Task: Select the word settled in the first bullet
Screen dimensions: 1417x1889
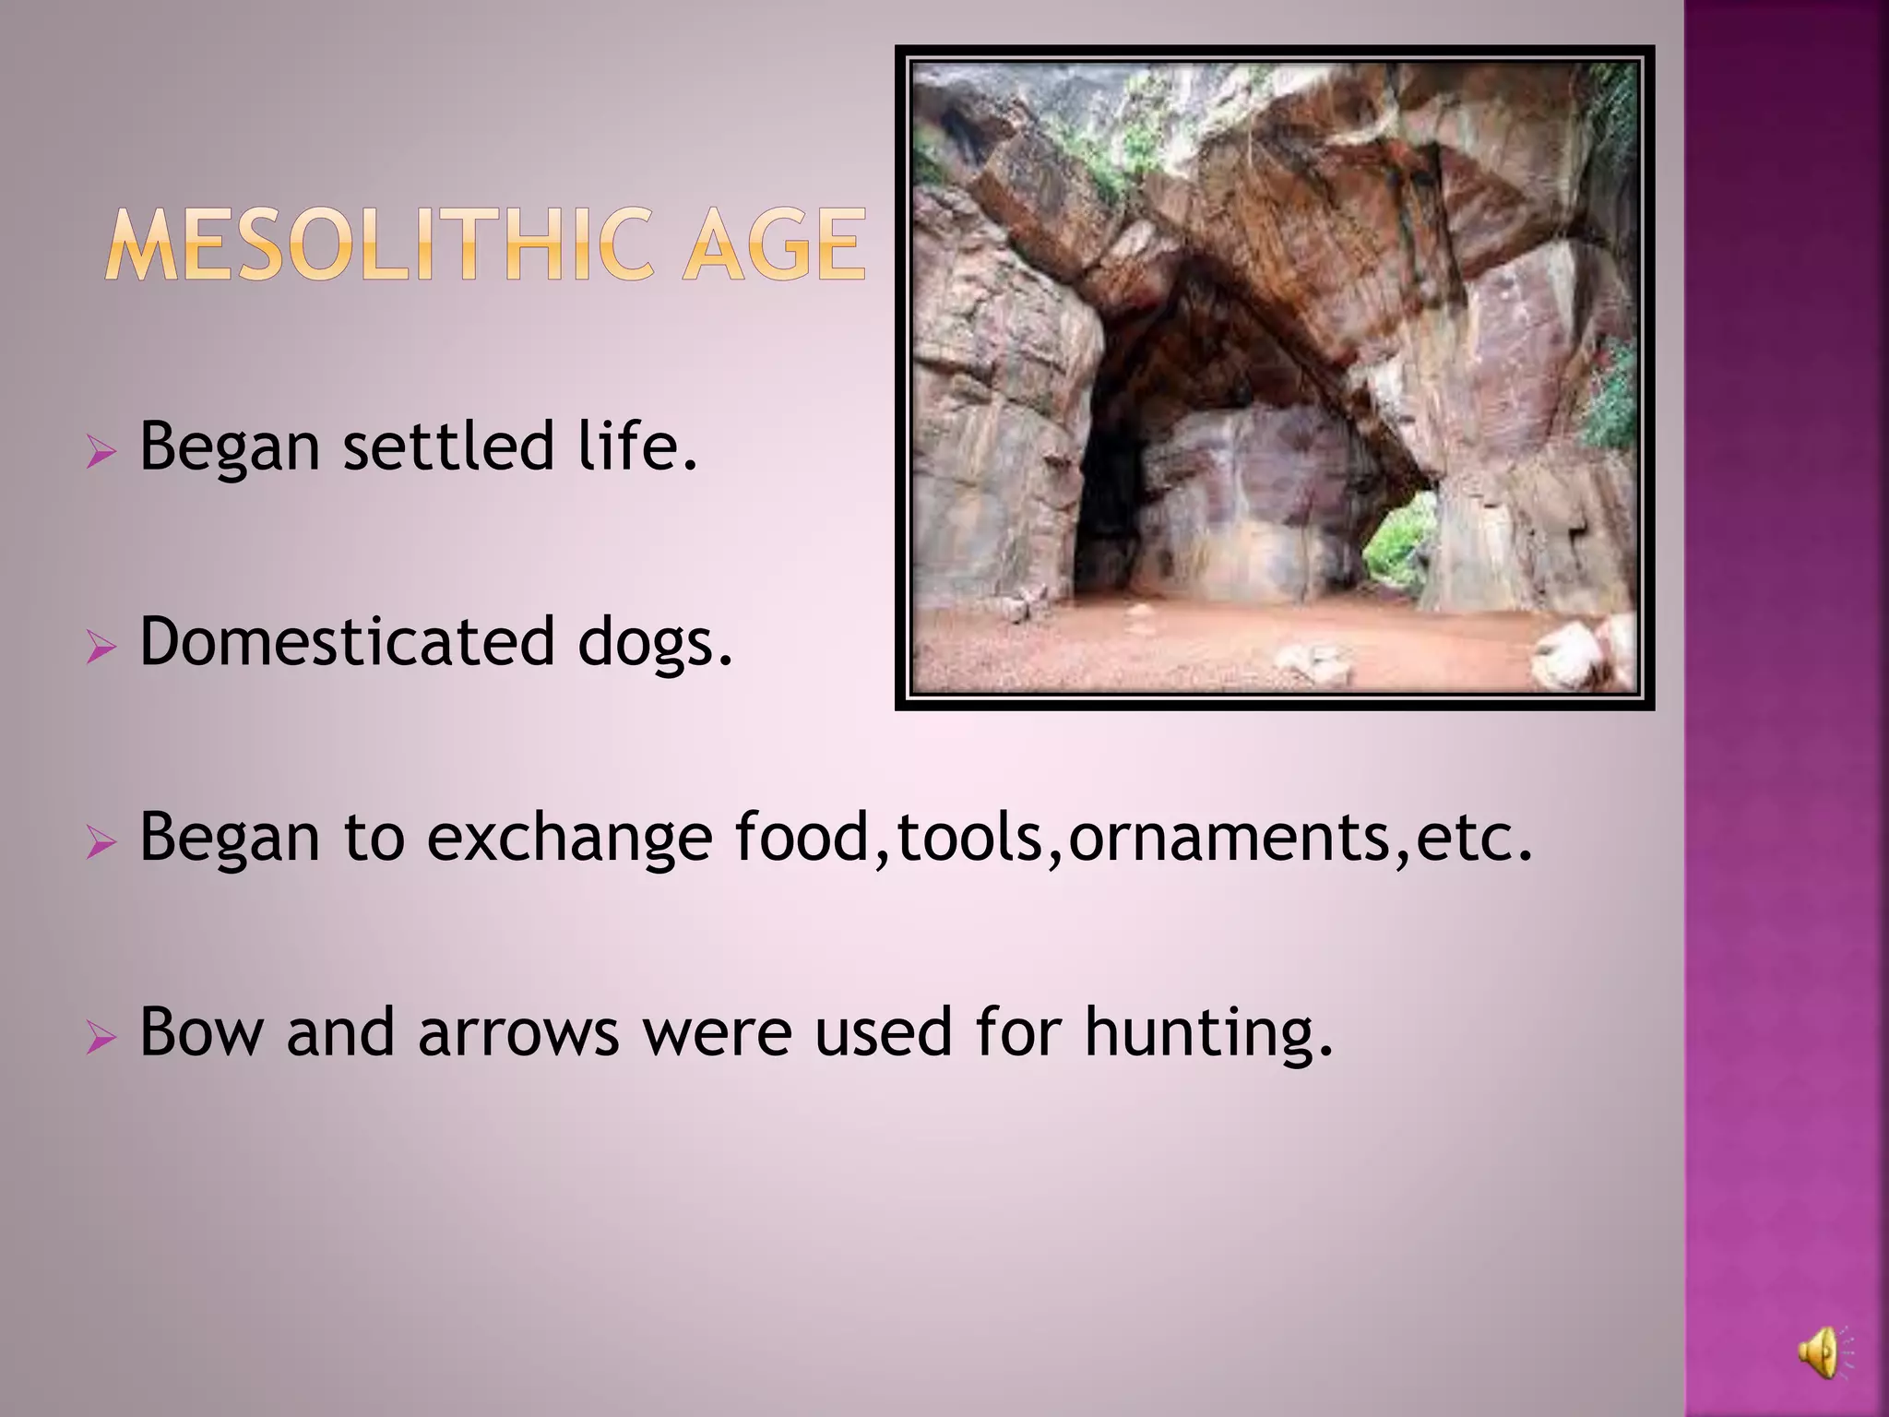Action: coord(448,447)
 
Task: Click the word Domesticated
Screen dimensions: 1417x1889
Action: coord(347,642)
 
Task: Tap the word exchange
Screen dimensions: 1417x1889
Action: coord(569,838)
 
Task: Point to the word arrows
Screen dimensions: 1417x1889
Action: coord(517,1033)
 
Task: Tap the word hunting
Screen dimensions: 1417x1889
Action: coord(1207,1033)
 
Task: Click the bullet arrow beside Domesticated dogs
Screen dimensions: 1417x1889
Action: coord(101,648)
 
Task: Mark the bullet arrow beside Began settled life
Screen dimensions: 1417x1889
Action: coord(101,452)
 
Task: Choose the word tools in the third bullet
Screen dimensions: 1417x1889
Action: coord(968,838)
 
